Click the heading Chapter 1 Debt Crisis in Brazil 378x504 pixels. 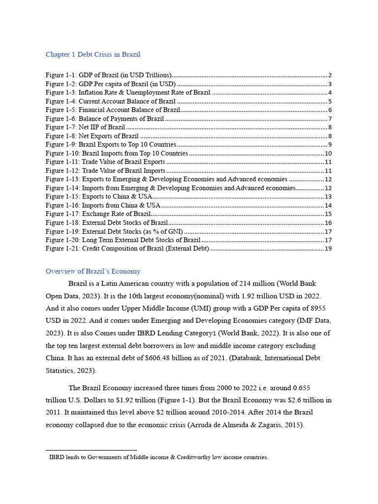pos(93,54)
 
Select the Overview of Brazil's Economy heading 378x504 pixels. pos(93,271)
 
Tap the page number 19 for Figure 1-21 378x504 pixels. pos(328,249)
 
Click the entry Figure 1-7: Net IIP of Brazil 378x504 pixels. pos(85,127)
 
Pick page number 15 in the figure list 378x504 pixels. pos(328,214)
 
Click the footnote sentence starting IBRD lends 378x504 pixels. pos(158,457)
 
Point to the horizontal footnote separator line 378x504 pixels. pos(91,450)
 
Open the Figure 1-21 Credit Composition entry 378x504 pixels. pos(127,249)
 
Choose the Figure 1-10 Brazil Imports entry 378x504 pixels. pos(117,153)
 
